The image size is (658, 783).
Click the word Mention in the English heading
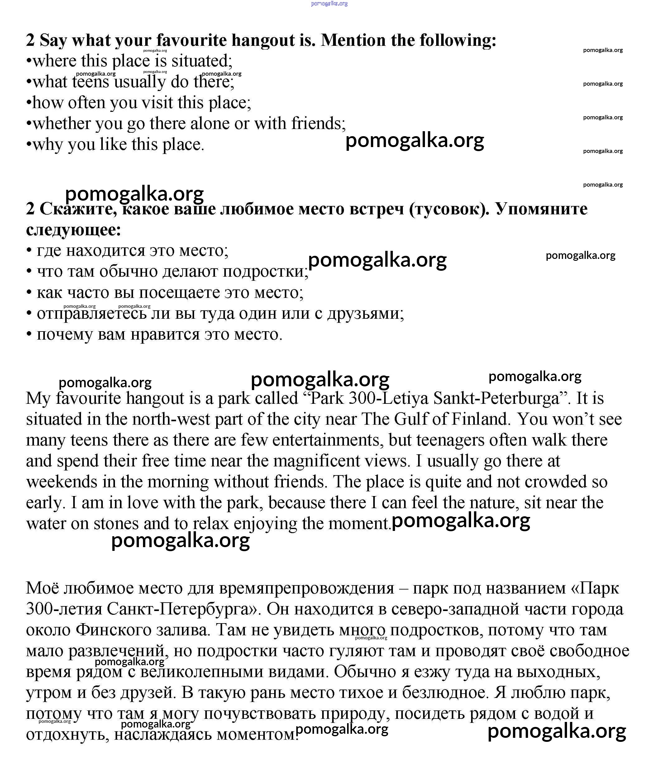click(353, 40)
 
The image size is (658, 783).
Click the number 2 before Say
click(30, 40)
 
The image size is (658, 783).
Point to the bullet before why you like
click(28, 145)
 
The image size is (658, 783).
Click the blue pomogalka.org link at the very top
click(329, 3)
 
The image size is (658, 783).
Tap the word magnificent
click(316, 461)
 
